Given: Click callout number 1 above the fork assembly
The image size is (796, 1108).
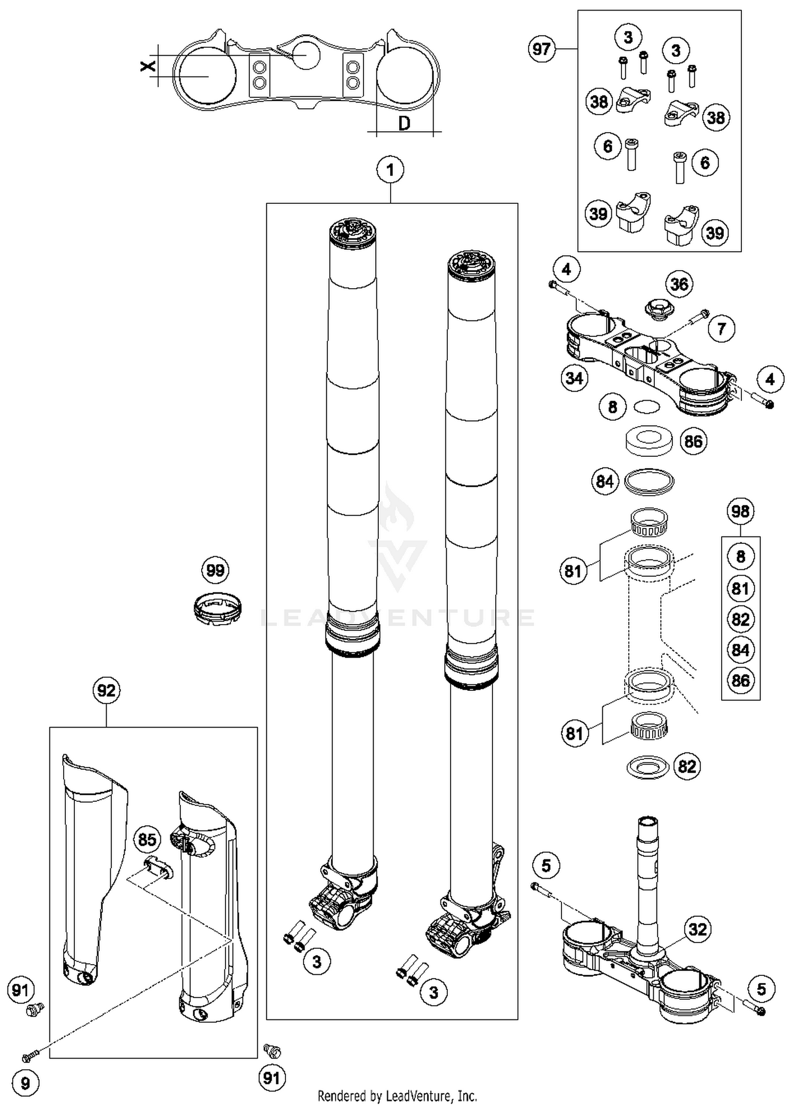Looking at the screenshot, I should (391, 170).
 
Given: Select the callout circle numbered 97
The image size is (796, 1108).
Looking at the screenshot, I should (541, 49).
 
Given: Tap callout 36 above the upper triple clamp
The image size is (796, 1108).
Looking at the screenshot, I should (679, 284).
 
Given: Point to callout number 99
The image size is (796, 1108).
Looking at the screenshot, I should (215, 570).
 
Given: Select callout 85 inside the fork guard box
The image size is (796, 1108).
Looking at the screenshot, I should (147, 839).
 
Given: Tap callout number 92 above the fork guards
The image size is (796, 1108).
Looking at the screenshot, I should (106, 690).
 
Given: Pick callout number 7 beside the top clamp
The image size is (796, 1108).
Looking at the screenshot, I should (721, 328).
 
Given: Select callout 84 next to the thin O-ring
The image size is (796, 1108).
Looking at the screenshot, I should (604, 481).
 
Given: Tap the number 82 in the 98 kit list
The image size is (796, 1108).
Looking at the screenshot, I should (740, 619).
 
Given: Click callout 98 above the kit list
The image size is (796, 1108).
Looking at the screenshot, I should (740, 512).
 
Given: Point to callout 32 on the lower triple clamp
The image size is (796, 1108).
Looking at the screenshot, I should (698, 929).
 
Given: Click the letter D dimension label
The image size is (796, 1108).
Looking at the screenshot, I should (404, 124).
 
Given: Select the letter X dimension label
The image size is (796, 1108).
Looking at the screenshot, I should (148, 66).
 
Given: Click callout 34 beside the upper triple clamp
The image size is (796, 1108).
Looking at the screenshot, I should (574, 378).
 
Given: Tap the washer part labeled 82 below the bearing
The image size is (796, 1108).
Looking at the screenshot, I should (647, 767).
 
